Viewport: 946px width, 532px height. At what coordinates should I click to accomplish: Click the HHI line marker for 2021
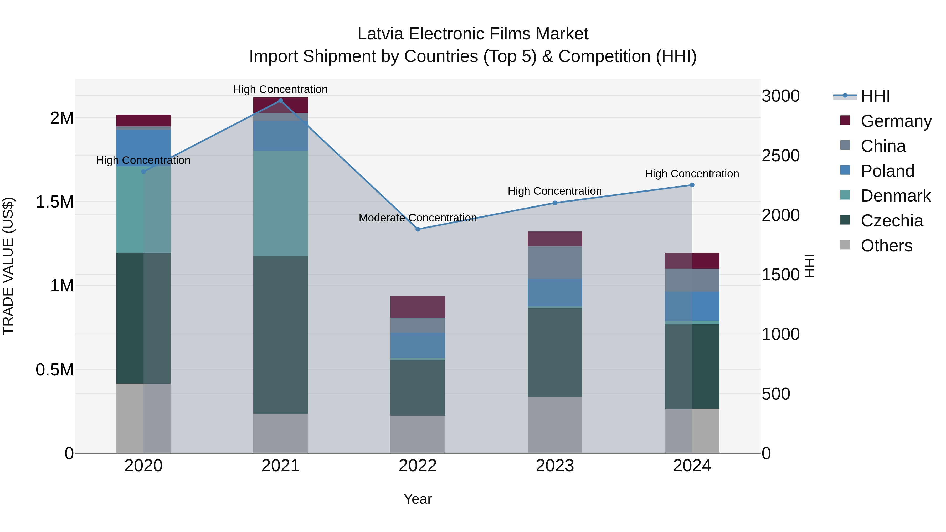point(281,101)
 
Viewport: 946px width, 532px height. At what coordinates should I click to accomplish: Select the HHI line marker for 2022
point(418,229)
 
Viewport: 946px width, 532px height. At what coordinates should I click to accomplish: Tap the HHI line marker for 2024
point(692,185)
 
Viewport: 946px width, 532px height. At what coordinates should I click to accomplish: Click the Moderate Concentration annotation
point(418,218)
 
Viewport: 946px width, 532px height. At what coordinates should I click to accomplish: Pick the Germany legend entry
point(896,121)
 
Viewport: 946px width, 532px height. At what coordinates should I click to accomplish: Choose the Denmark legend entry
point(895,196)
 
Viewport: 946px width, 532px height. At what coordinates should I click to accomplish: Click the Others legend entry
point(886,246)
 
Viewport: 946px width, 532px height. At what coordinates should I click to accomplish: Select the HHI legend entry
point(875,96)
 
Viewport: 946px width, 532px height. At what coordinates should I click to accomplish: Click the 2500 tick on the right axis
point(780,156)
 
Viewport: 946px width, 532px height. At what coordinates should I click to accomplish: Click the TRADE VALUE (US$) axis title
point(8,266)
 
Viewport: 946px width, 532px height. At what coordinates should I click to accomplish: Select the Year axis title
point(418,499)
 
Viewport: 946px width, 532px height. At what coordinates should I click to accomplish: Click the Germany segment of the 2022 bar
point(418,307)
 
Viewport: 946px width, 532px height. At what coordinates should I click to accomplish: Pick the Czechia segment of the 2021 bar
point(281,335)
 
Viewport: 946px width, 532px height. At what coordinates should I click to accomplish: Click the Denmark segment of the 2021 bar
point(281,203)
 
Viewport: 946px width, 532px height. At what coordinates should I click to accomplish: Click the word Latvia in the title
point(381,34)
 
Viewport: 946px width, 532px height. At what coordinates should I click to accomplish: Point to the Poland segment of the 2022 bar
point(418,345)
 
